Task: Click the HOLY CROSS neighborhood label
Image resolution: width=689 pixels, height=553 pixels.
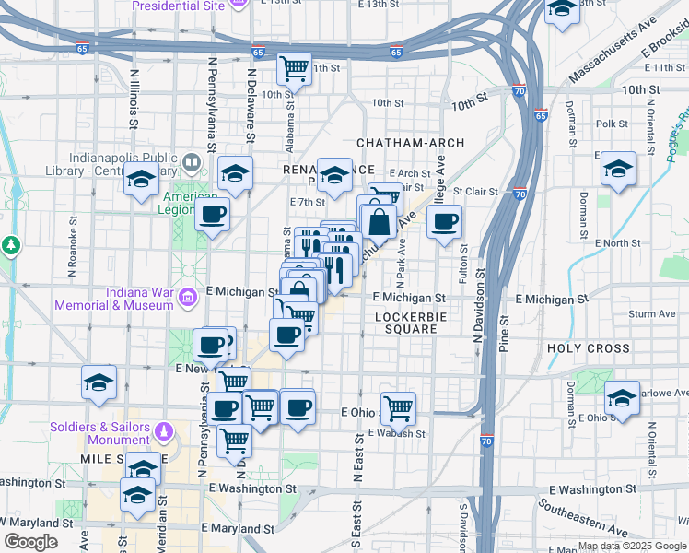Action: (589, 348)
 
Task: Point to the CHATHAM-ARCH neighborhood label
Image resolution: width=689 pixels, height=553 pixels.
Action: (410, 143)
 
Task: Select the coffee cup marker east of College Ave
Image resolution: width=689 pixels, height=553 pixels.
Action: (445, 222)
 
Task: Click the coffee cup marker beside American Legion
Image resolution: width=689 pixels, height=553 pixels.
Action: (212, 216)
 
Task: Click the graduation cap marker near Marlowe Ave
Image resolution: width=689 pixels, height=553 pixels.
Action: (623, 398)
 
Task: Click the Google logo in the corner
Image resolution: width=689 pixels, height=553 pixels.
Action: (30, 542)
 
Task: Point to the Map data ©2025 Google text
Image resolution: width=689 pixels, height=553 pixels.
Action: (631, 546)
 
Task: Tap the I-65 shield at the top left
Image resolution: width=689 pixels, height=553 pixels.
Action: (84, 48)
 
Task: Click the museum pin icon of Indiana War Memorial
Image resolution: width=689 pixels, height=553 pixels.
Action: (189, 298)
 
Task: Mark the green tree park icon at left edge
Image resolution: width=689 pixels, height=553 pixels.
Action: (10, 246)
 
